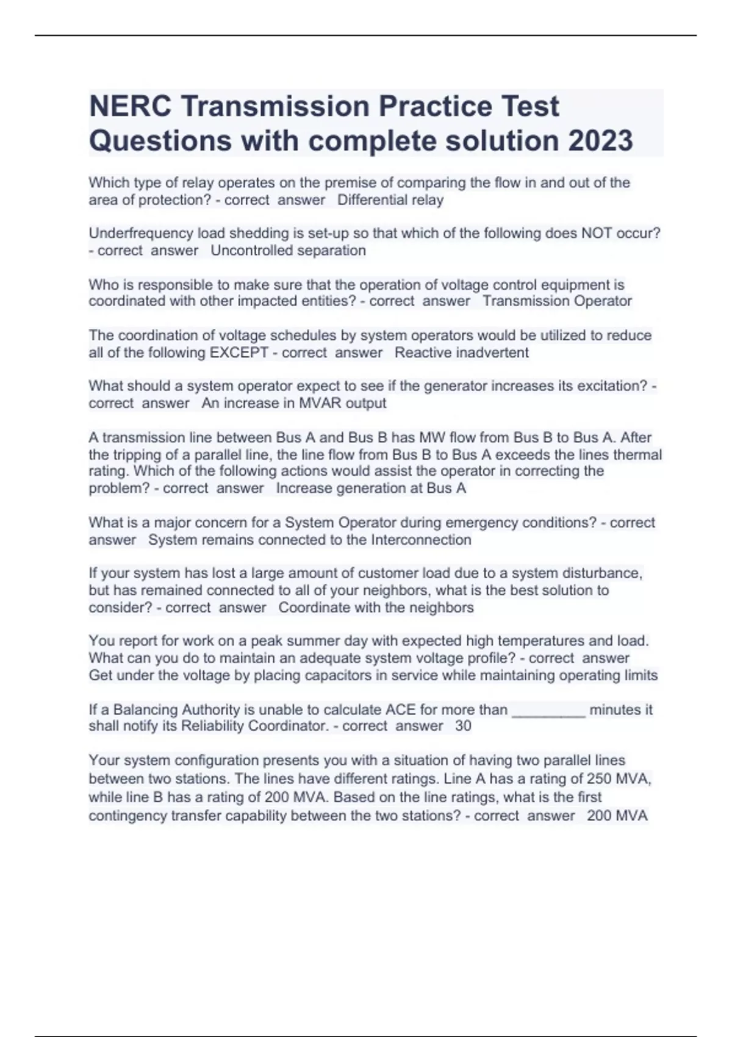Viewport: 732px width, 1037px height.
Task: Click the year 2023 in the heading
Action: pos(600,141)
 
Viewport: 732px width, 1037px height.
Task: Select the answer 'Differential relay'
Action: pos(390,200)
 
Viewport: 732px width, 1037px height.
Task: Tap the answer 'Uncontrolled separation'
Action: pos(288,251)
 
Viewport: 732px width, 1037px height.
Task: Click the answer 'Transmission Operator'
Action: pos(557,301)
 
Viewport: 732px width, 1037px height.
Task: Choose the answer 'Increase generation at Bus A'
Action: pos(371,489)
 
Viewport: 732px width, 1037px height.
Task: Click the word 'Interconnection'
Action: pos(421,540)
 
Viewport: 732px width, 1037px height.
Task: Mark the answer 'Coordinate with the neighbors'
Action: pos(376,608)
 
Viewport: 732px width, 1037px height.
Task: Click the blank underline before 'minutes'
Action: pos(548,711)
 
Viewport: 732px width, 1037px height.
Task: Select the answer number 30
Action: pos(463,726)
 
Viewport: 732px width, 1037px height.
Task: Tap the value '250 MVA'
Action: pos(618,779)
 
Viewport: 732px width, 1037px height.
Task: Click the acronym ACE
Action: pos(401,710)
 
